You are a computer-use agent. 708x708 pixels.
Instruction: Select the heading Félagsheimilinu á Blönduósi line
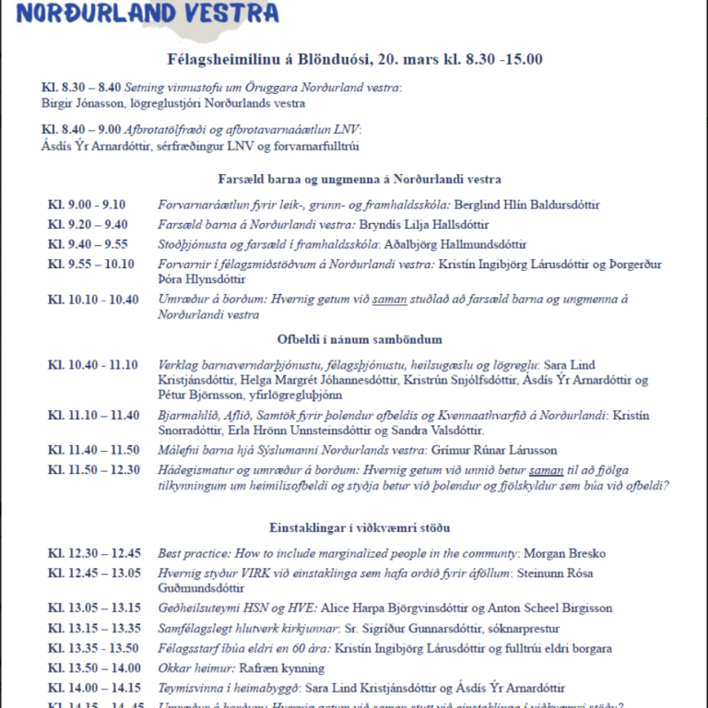click(x=354, y=59)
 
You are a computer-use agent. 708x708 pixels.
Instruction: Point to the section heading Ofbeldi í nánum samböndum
click(x=354, y=339)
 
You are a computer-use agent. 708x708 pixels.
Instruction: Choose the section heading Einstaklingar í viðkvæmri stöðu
click(x=354, y=528)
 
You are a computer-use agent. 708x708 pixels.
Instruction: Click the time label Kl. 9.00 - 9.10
click(x=87, y=205)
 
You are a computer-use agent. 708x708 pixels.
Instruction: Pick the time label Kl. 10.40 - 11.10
click(x=93, y=365)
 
